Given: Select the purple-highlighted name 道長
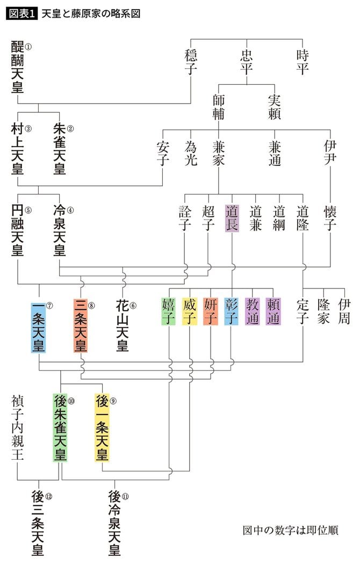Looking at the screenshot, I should [232, 218].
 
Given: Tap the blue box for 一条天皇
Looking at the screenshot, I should [39, 327].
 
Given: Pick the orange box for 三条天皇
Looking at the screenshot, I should [81, 327].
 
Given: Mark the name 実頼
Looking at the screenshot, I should [275, 107].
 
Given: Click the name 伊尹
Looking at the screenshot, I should [330, 153].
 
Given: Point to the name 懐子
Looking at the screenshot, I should [330, 218].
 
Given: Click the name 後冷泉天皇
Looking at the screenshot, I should [114, 523].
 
